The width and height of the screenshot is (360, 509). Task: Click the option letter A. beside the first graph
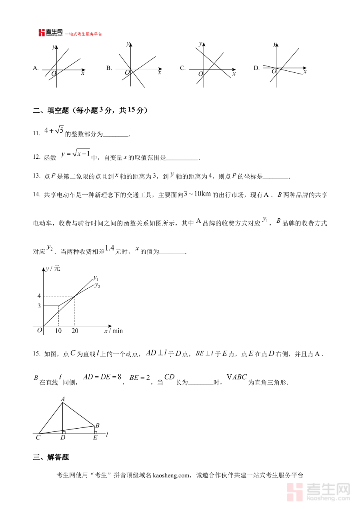point(36,68)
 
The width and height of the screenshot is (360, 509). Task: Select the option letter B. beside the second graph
point(109,68)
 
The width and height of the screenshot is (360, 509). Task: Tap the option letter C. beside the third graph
point(182,68)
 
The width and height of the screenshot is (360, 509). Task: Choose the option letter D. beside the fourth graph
point(256,68)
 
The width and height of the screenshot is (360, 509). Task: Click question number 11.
point(36,134)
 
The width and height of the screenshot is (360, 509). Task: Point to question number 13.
point(36,176)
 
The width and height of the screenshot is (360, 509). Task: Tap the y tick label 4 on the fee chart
point(39,296)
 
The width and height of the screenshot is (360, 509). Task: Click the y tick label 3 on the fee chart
point(39,306)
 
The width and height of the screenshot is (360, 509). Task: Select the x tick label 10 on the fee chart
point(58,331)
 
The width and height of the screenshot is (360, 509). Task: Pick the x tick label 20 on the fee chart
point(75,331)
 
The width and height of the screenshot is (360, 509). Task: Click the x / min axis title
point(114,331)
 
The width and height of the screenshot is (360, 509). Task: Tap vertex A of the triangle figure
point(63,399)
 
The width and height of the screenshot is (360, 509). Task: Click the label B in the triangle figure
point(97,426)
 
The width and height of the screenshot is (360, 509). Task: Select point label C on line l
point(38,438)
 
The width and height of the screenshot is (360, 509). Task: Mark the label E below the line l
point(95,438)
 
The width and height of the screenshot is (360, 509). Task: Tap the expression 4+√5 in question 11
point(54,130)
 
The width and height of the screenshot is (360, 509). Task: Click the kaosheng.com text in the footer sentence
point(170,475)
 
